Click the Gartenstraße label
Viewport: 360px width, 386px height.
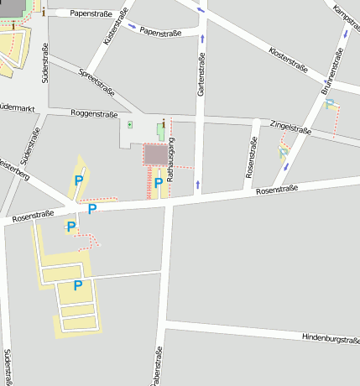[x=201, y=75]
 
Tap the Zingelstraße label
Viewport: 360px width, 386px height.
[x=290, y=127]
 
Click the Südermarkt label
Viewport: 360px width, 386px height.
[x=17, y=107]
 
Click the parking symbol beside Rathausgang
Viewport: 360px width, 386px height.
[x=158, y=182]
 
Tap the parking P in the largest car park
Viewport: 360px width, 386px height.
[x=77, y=285]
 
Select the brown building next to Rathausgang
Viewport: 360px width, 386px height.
[x=156, y=154]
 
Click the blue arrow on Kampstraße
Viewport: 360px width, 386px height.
[x=346, y=34]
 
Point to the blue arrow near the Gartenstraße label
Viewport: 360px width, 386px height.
[x=202, y=39]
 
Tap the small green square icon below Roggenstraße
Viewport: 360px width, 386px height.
[x=130, y=125]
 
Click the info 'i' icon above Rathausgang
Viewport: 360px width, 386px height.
[x=163, y=122]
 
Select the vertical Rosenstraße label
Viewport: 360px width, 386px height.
[x=250, y=158]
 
